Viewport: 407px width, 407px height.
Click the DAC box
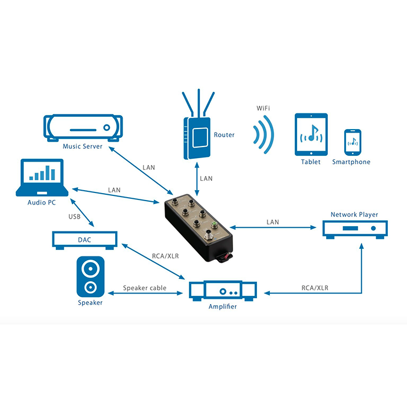point(85,240)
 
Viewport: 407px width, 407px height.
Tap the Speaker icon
point(90,277)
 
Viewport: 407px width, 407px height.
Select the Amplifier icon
point(223,289)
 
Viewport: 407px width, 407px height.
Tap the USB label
point(74,217)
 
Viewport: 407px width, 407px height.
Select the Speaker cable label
point(145,288)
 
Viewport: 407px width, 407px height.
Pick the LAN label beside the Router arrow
point(206,178)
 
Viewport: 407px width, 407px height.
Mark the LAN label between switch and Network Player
point(272,222)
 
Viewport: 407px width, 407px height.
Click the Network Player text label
point(354,215)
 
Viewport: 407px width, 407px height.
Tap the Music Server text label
point(83,147)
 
